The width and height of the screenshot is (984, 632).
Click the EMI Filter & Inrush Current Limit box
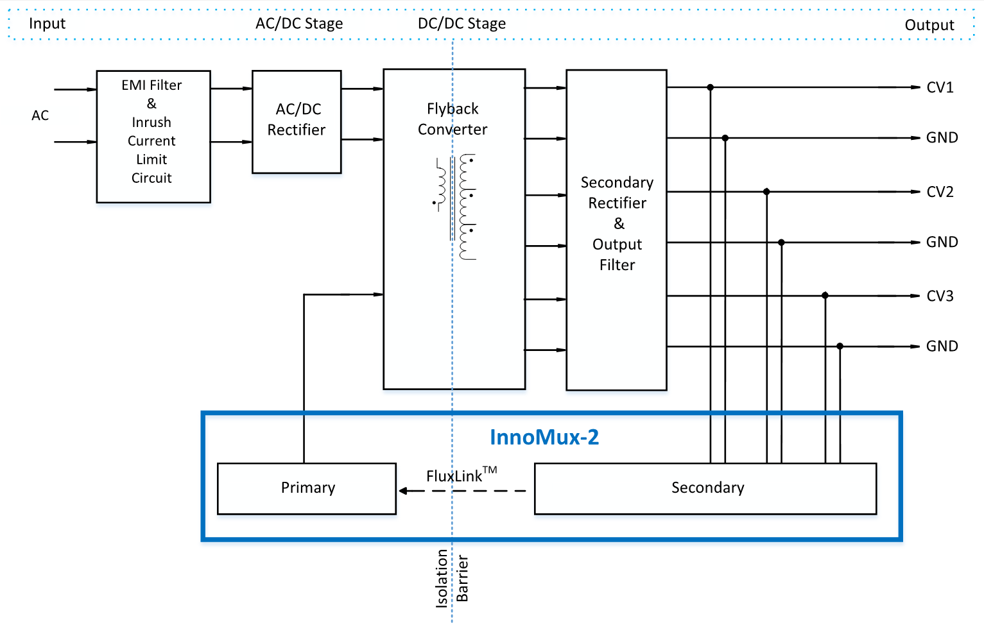tap(153, 137)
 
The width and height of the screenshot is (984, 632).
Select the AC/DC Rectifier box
tap(297, 121)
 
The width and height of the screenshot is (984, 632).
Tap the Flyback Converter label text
tap(453, 119)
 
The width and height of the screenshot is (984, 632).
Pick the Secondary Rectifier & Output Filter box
tap(616, 229)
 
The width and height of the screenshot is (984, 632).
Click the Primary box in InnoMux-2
tap(307, 488)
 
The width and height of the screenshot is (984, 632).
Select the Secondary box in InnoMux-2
tap(705, 488)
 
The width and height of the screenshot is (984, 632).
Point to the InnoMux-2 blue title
tap(544, 438)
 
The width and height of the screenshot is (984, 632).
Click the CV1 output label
tap(940, 88)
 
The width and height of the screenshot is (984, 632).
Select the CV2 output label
tap(940, 192)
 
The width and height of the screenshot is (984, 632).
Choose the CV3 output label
tap(940, 296)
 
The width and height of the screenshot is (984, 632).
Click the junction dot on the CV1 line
tap(710, 87)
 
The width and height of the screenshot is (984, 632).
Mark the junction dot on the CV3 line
tap(825, 296)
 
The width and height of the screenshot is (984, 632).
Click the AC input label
tap(40, 115)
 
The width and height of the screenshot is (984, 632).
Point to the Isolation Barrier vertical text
tap(452, 577)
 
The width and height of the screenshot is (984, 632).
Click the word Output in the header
tap(929, 25)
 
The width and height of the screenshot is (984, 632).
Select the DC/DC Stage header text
tap(462, 24)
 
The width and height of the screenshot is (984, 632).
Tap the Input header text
tap(47, 24)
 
